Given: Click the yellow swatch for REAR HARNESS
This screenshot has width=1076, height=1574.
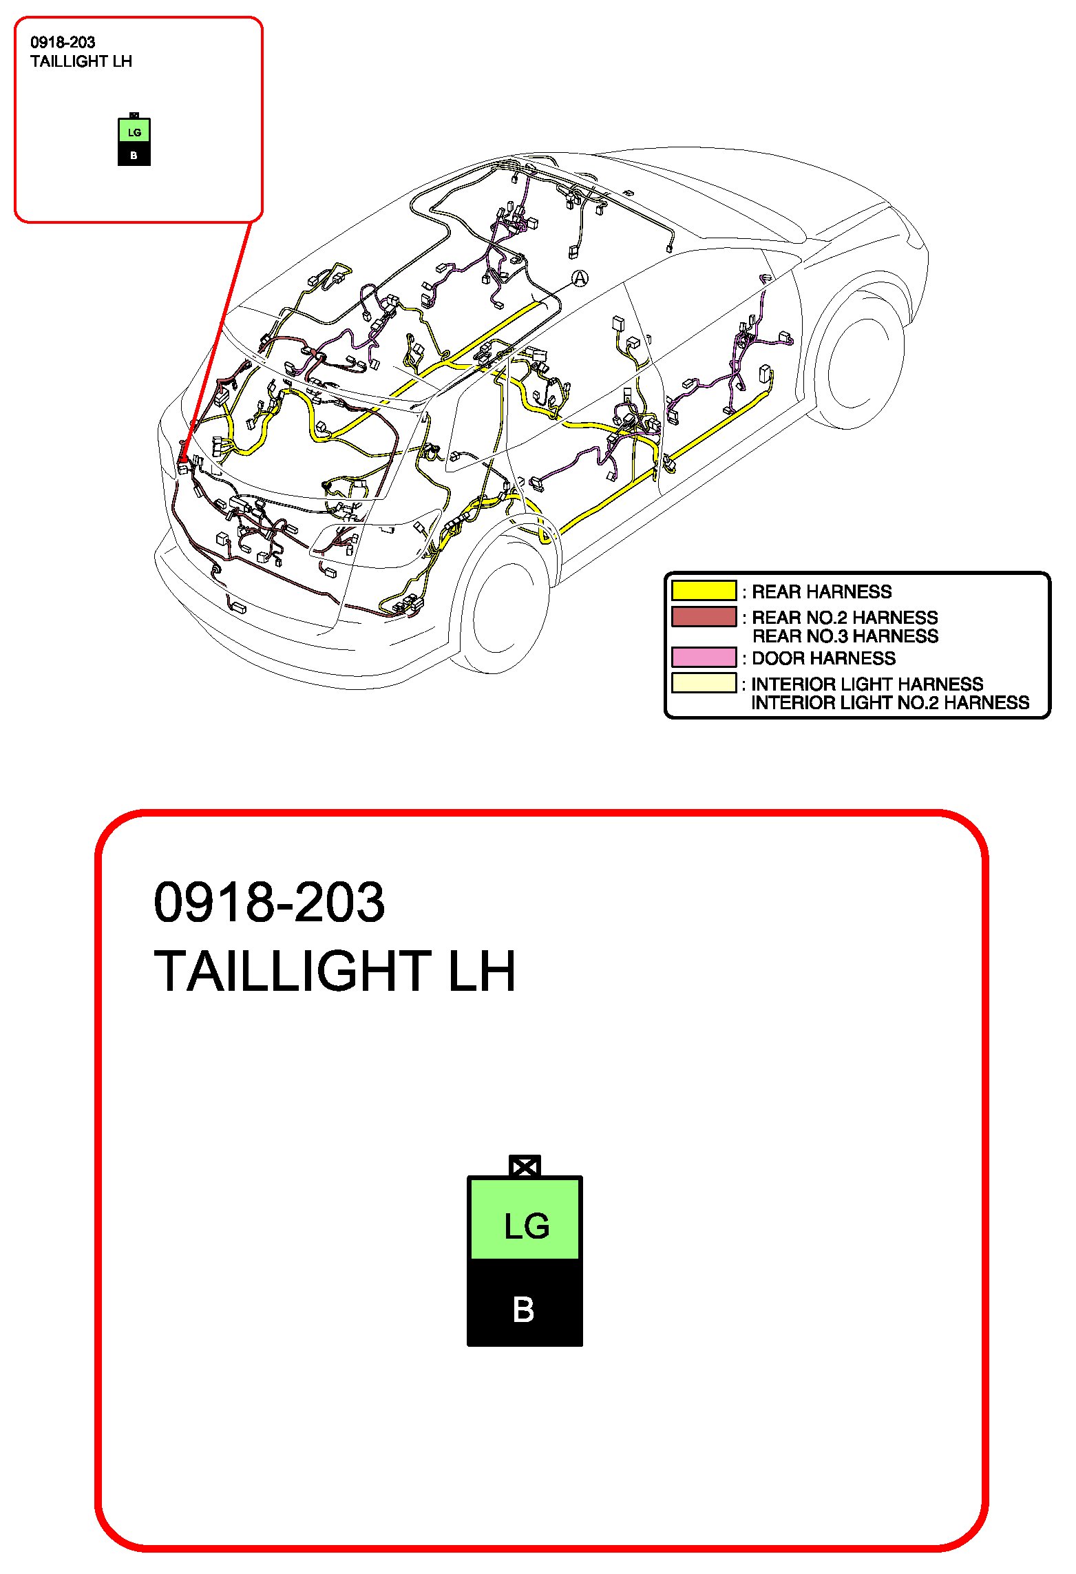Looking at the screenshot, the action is (704, 591).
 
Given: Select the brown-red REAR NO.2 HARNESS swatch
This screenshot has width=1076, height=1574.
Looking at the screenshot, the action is (704, 616).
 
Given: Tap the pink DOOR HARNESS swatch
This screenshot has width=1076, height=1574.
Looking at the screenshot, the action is (704, 658).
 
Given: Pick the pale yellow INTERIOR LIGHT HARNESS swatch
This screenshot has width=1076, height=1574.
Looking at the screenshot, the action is (704, 683).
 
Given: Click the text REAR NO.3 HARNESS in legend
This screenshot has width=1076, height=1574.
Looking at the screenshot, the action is (845, 636).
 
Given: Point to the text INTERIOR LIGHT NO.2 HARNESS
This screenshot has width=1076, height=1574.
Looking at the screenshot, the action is (889, 703).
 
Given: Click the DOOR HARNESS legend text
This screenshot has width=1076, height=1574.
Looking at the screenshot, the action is (823, 658).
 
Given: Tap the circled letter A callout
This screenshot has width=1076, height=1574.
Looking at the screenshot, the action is (580, 278).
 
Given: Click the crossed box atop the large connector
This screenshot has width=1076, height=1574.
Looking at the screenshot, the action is (525, 1166).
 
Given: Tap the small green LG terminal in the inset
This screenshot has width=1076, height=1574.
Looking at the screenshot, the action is (134, 132).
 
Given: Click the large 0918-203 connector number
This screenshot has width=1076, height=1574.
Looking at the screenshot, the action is (269, 902).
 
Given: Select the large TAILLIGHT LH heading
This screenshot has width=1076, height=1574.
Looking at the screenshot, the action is (335, 972).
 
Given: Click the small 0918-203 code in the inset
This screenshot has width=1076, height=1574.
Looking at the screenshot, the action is (63, 43).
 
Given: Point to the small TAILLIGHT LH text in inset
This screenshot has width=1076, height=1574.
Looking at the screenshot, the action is (81, 61).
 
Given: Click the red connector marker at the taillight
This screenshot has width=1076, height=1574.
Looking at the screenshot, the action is (183, 457).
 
